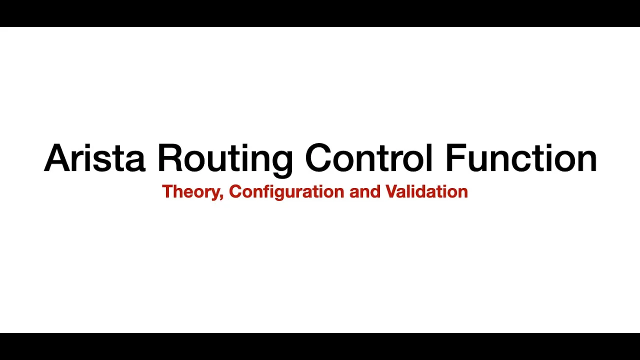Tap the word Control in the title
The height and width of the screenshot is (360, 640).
369,158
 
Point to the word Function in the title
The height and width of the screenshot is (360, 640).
521,158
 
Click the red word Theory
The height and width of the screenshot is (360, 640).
191,192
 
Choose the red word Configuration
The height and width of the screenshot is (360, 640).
286,192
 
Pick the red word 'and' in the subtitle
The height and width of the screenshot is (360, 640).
365,191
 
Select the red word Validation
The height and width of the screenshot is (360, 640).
426,191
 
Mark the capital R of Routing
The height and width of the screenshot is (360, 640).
170,158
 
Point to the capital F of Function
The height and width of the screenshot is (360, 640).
455,158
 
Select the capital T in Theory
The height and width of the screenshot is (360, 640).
167,191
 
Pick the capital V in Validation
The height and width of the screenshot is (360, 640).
390,191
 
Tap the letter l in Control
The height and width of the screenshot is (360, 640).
429,158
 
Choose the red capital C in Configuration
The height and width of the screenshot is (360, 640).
234,191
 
